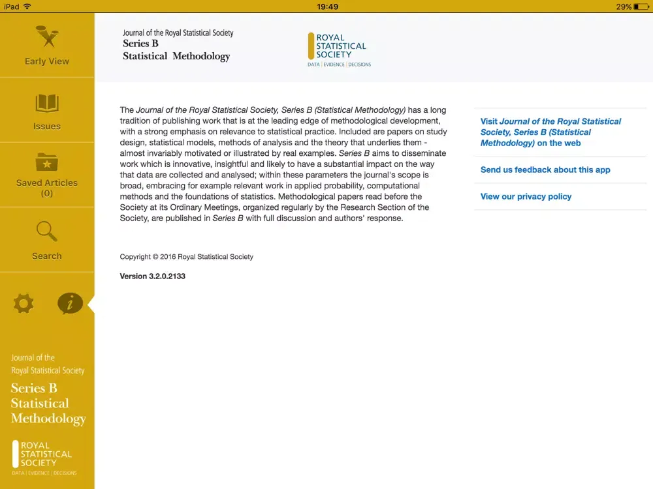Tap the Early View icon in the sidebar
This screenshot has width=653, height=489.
47,38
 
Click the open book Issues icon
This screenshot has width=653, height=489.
47,104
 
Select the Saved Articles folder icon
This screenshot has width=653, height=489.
47,162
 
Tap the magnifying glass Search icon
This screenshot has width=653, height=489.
47,231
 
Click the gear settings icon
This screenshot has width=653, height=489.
24,303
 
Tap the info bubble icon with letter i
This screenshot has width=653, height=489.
70,303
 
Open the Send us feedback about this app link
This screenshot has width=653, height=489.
545,170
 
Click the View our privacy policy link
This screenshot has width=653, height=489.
526,196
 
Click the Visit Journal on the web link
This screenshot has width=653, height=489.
550,132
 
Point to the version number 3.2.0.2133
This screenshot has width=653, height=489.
153,276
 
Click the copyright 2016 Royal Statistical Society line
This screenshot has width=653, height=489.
187,257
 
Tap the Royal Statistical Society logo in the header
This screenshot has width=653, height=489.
338,50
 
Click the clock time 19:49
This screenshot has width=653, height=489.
327,7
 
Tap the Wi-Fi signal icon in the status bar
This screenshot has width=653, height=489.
27,7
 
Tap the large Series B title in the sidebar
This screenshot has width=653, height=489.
48,403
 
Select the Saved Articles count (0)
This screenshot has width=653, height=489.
47,194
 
